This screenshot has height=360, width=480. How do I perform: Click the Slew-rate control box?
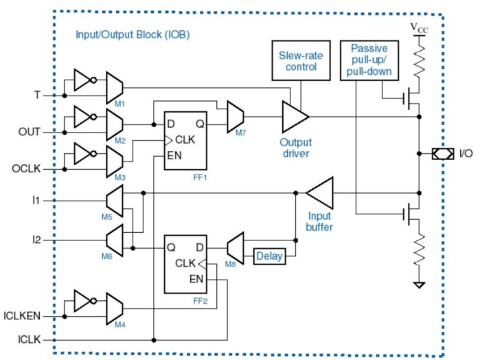[x=301, y=60]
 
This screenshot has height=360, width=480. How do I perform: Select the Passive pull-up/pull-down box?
[x=369, y=60]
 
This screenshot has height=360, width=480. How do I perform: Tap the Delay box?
[x=269, y=256]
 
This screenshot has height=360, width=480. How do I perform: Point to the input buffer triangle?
[x=319, y=193]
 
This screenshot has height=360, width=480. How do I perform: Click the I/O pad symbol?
[x=443, y=153]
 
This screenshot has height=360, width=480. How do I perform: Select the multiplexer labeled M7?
[x=236, y=117]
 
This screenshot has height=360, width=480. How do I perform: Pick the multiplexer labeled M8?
[x=236, y=248]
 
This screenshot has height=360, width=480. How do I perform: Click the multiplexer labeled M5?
[x=115, y=201]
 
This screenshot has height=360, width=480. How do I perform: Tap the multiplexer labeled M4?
[x=115, y=308]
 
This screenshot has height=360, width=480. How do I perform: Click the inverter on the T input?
[x=85, y=80]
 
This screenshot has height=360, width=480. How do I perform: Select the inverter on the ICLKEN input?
[x=85, y=301]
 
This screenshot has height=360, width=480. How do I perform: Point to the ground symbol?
[x=419, y=285]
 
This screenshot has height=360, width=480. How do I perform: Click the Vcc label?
[x=420, y=28]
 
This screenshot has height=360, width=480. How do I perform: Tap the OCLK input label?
[x=26, y=169]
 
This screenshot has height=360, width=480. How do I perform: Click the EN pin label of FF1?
[x=174, y=156]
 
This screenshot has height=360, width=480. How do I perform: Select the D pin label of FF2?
[x=200, y=247]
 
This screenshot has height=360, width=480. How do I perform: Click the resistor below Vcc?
[x=420, y=60]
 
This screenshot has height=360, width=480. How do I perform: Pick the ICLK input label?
[x=29, y=339]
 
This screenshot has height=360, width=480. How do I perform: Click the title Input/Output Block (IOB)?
[x=133, y=34]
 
